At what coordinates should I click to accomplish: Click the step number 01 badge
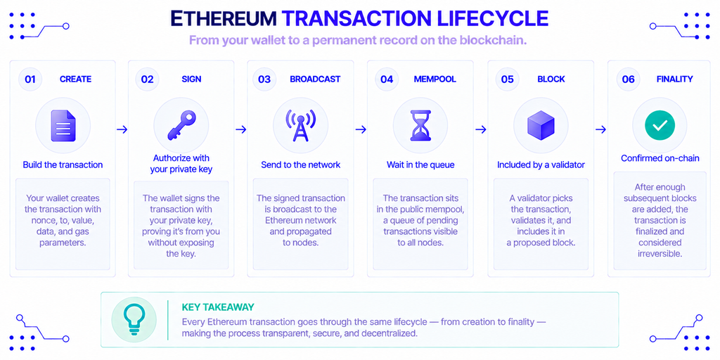coord(30,79)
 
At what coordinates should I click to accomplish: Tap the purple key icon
coord(181,125)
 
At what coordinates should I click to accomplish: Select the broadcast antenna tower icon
coord(301,125)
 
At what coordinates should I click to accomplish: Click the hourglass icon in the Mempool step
coord(420,125)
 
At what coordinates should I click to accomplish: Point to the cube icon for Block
coord(541,125)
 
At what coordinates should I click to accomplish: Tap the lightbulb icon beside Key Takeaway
coord(134,319)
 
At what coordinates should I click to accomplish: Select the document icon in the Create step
coord(63,125)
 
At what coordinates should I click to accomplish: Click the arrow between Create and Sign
coord(122,130)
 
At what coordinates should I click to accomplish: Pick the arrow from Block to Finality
coord(600,130)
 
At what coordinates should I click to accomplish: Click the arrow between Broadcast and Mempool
coord(361,130)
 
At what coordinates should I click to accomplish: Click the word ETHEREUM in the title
coord(224,18)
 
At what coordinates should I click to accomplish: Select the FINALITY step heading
coord(674,79)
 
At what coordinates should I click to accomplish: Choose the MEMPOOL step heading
coord(435,79)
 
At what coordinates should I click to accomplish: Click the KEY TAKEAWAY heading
coord(218,307)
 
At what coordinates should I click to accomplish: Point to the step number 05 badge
coord(507,79)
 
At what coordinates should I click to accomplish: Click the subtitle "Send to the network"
coord(301,165)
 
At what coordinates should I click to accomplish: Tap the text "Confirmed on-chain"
coord(660,158)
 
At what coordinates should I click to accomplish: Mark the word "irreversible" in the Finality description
coord(660,253)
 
